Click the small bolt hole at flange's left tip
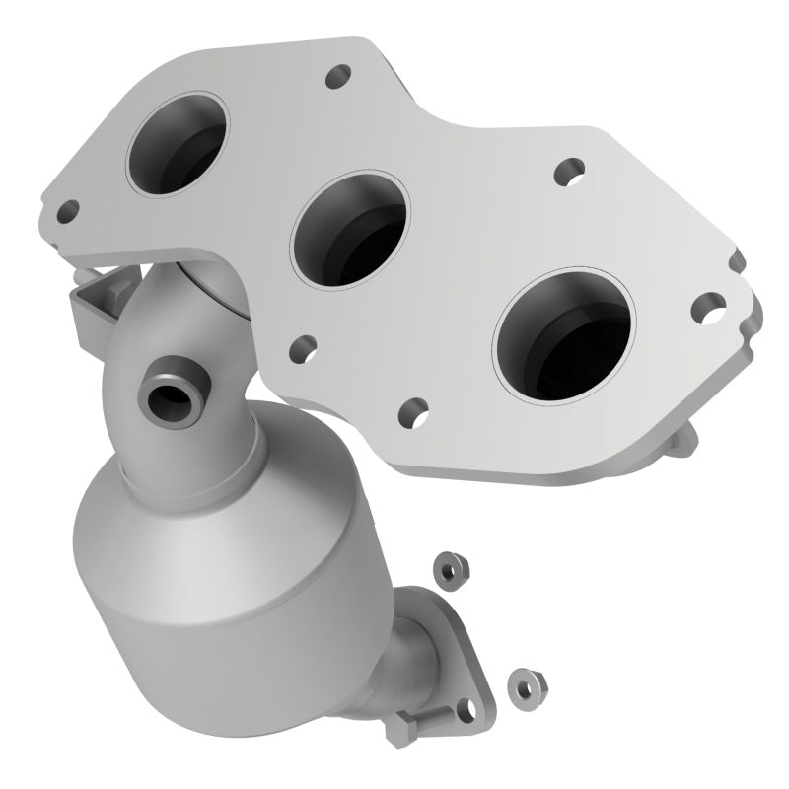(x=68, y=210)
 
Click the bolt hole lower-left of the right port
(x=415, y=407)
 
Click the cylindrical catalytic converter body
(x=197, y=562)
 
